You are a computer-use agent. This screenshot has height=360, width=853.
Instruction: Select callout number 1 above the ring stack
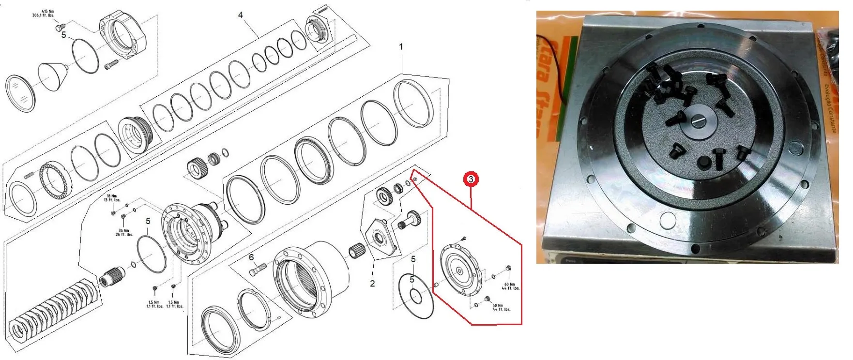[x=401, y=47]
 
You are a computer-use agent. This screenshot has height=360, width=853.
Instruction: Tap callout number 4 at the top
[x=241, y=15]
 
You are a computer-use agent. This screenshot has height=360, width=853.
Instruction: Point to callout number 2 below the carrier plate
[x=372, y=284]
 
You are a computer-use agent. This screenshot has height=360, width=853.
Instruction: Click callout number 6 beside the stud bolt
[x=251, y=258]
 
